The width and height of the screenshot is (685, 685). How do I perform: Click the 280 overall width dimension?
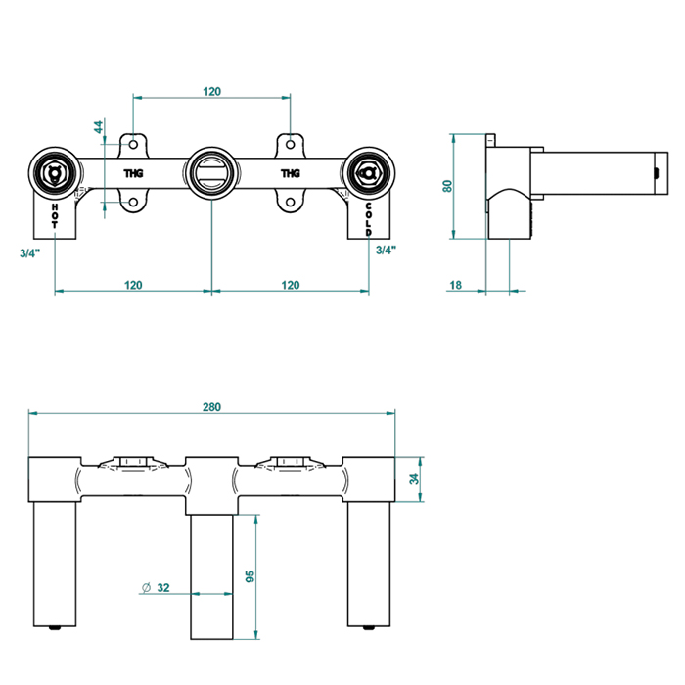tap(212, 406)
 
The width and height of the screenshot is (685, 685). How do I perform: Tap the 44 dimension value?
tap(98, 127)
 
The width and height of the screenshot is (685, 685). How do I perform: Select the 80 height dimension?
tap(446, 185)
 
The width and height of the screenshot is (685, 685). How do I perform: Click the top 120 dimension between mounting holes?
tap(212, 91)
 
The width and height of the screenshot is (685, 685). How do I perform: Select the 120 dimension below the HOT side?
tap(133, 285)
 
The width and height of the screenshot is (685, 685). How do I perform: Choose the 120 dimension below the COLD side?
tap(291, 285)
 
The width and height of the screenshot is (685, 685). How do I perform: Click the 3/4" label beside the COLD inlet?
tap(386, 250)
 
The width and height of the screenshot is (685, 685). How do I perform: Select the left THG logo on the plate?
tap(133, 173)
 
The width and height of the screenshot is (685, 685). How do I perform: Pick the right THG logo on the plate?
tap(291, 173)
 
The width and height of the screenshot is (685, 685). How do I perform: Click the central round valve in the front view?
tap(212, 173)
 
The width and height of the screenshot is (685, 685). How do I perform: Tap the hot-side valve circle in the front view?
tap(53, 173)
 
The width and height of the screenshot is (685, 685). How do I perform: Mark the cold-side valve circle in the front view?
tap(369, 173)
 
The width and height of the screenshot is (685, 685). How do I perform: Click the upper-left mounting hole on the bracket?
tap(134, 143)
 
